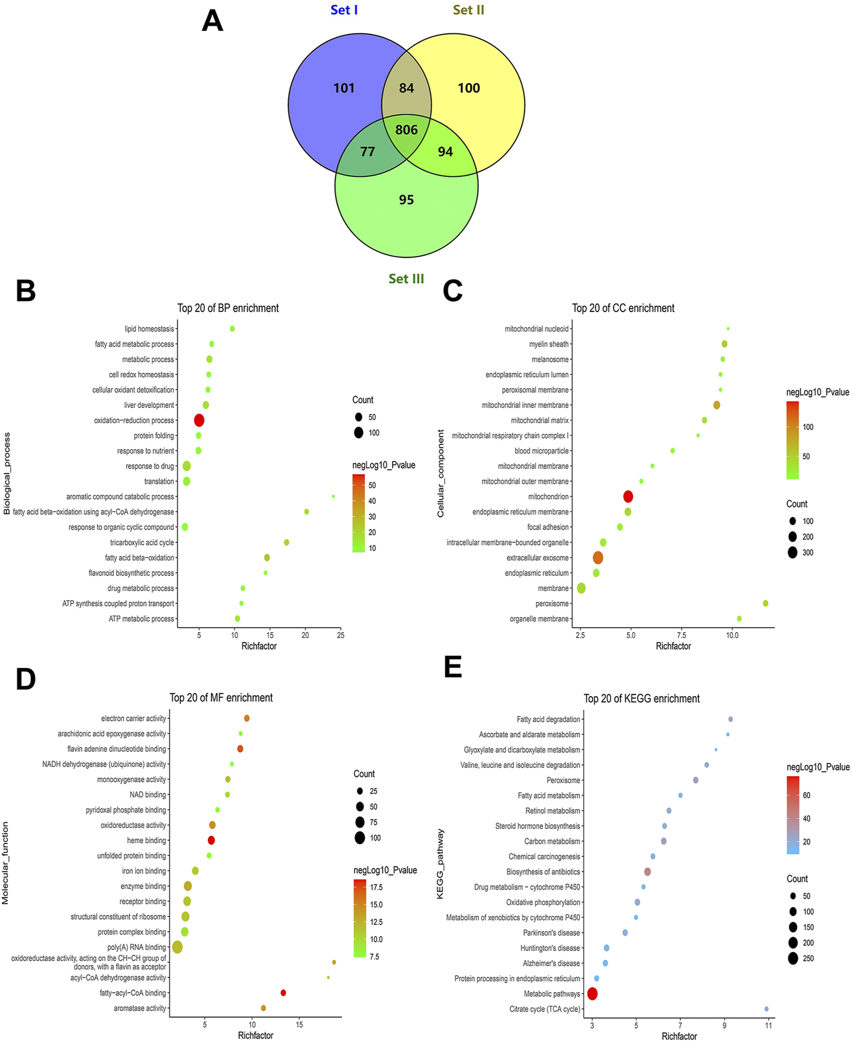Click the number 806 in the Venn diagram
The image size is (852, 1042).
point(406,129)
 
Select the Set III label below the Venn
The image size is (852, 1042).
point(406,279)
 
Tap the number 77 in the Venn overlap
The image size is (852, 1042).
point(367,152)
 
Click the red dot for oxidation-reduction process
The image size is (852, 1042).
point(199,420)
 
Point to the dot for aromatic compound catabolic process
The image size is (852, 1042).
point(333,496)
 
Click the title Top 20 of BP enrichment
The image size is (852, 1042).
point(228,308)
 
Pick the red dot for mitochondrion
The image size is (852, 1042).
point(628,496)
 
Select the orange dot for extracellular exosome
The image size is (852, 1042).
point(598,558)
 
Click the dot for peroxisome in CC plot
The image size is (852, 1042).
point(765,604)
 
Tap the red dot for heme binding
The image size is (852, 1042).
point(212,841)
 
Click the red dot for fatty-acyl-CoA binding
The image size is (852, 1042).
point(284,993)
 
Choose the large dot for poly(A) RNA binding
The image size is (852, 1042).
point(178,947)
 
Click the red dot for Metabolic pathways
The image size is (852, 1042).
point(592,993)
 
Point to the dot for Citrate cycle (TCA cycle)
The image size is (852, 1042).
point(766,1009)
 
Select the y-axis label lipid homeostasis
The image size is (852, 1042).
point(149,329)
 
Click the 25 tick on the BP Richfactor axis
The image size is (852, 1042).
point(340,635)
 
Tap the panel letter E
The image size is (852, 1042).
point(453,667)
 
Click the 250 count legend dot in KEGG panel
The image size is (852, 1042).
point(793,958)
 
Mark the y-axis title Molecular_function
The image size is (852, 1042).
point(5,863)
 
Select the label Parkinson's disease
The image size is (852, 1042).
point(551,933)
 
